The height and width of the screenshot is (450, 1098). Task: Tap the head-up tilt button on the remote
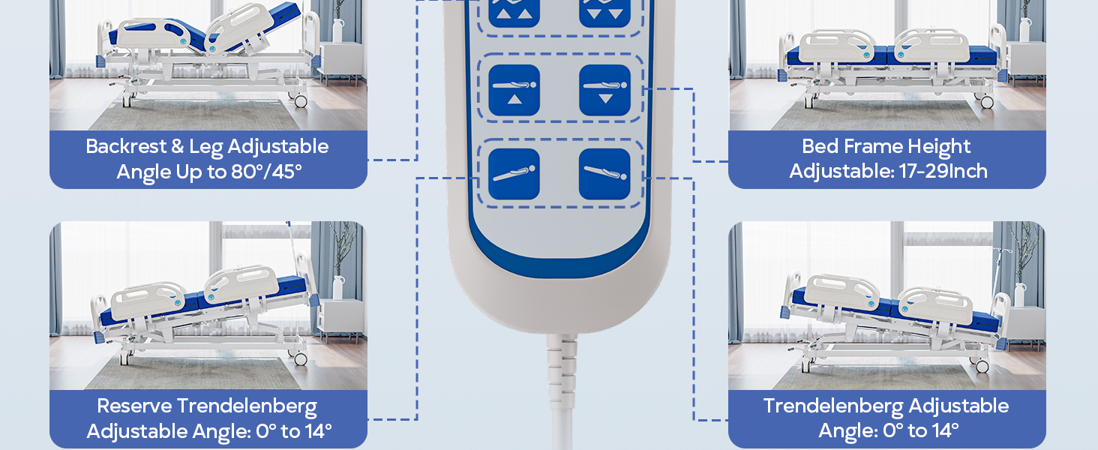pyautogui.click(x=514, y=174)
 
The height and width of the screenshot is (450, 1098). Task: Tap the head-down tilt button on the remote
pyautogui.click(x=604, y=174)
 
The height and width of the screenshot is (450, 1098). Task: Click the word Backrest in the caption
pyautogui.click(x=126, y=146)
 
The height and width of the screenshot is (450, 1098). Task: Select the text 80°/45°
pyautogui.click(x=266, y=172)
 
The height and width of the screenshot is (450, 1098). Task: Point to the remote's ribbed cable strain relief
pyautogui.click(x=562, y=367)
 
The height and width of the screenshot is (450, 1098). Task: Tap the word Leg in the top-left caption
pyautogui.click(x=205, y=147)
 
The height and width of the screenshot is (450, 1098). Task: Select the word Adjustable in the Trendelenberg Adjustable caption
pyautogui.click(x=959, y=406)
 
